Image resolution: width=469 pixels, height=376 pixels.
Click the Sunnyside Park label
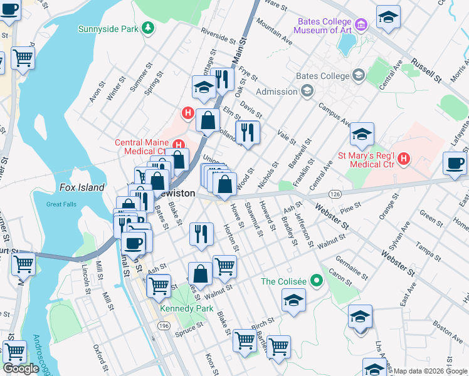pyautogui.click(x=108, y=29)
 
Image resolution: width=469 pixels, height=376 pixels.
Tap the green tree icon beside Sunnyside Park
pyautogui.click(x=147, y=28)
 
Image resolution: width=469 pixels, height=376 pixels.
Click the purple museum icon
pyautogui.click(x=361, y=25)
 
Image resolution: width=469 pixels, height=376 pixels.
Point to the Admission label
pyautogui.click(x=276, y=91)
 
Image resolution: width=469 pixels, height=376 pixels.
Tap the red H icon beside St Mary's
pyautogui.click(x=404, y=158)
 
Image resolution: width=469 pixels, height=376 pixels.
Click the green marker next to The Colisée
pyautogui.click(x=317, y=281)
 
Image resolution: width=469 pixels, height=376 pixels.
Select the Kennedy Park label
pyautogui.click(x=187, y=309)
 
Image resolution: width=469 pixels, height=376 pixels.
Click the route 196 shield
pyautogui.click(x=164, y=326)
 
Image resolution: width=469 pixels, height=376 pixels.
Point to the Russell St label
pyautogui.click(x=427, y=70)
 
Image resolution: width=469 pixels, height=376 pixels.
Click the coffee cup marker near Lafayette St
pyautogui.click(x=455, y=164)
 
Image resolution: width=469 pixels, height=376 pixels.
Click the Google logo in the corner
pyautogui.click(x=21, y=368)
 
